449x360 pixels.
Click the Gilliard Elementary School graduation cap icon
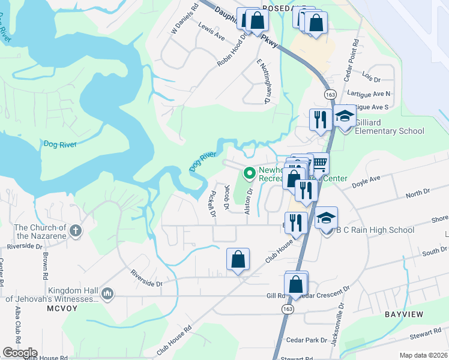345,116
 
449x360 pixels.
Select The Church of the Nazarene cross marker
75,230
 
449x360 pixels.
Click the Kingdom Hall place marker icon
107,293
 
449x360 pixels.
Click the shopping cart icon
321,163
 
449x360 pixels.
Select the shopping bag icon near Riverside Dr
238,260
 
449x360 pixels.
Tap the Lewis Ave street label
211,36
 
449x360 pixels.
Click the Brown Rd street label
46,265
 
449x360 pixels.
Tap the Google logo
20,353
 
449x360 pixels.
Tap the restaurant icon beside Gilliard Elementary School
319,119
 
